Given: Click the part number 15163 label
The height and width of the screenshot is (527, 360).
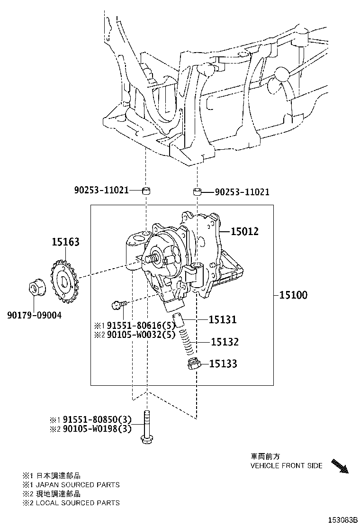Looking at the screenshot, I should [65, 242].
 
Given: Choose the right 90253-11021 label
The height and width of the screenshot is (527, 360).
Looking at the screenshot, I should [242, 192].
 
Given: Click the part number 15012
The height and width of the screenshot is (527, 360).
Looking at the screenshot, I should [245, 231].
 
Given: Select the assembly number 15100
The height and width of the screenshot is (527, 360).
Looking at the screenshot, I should [293, 295].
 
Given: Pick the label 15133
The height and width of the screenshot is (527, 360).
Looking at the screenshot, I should [224, 364].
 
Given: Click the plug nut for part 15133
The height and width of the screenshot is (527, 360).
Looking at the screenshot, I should [193, 365].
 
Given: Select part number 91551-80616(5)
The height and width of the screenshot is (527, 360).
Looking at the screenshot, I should [141, 326].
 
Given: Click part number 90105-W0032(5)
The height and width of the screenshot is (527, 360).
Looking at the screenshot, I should [141, 335].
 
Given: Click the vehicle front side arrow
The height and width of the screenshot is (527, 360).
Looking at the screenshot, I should [340, 466].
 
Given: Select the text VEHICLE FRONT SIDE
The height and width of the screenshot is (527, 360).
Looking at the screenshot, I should [286, 466].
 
